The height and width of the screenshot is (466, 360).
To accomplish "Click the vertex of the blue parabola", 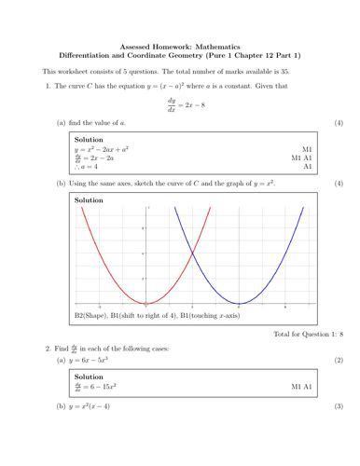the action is [238, 305].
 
